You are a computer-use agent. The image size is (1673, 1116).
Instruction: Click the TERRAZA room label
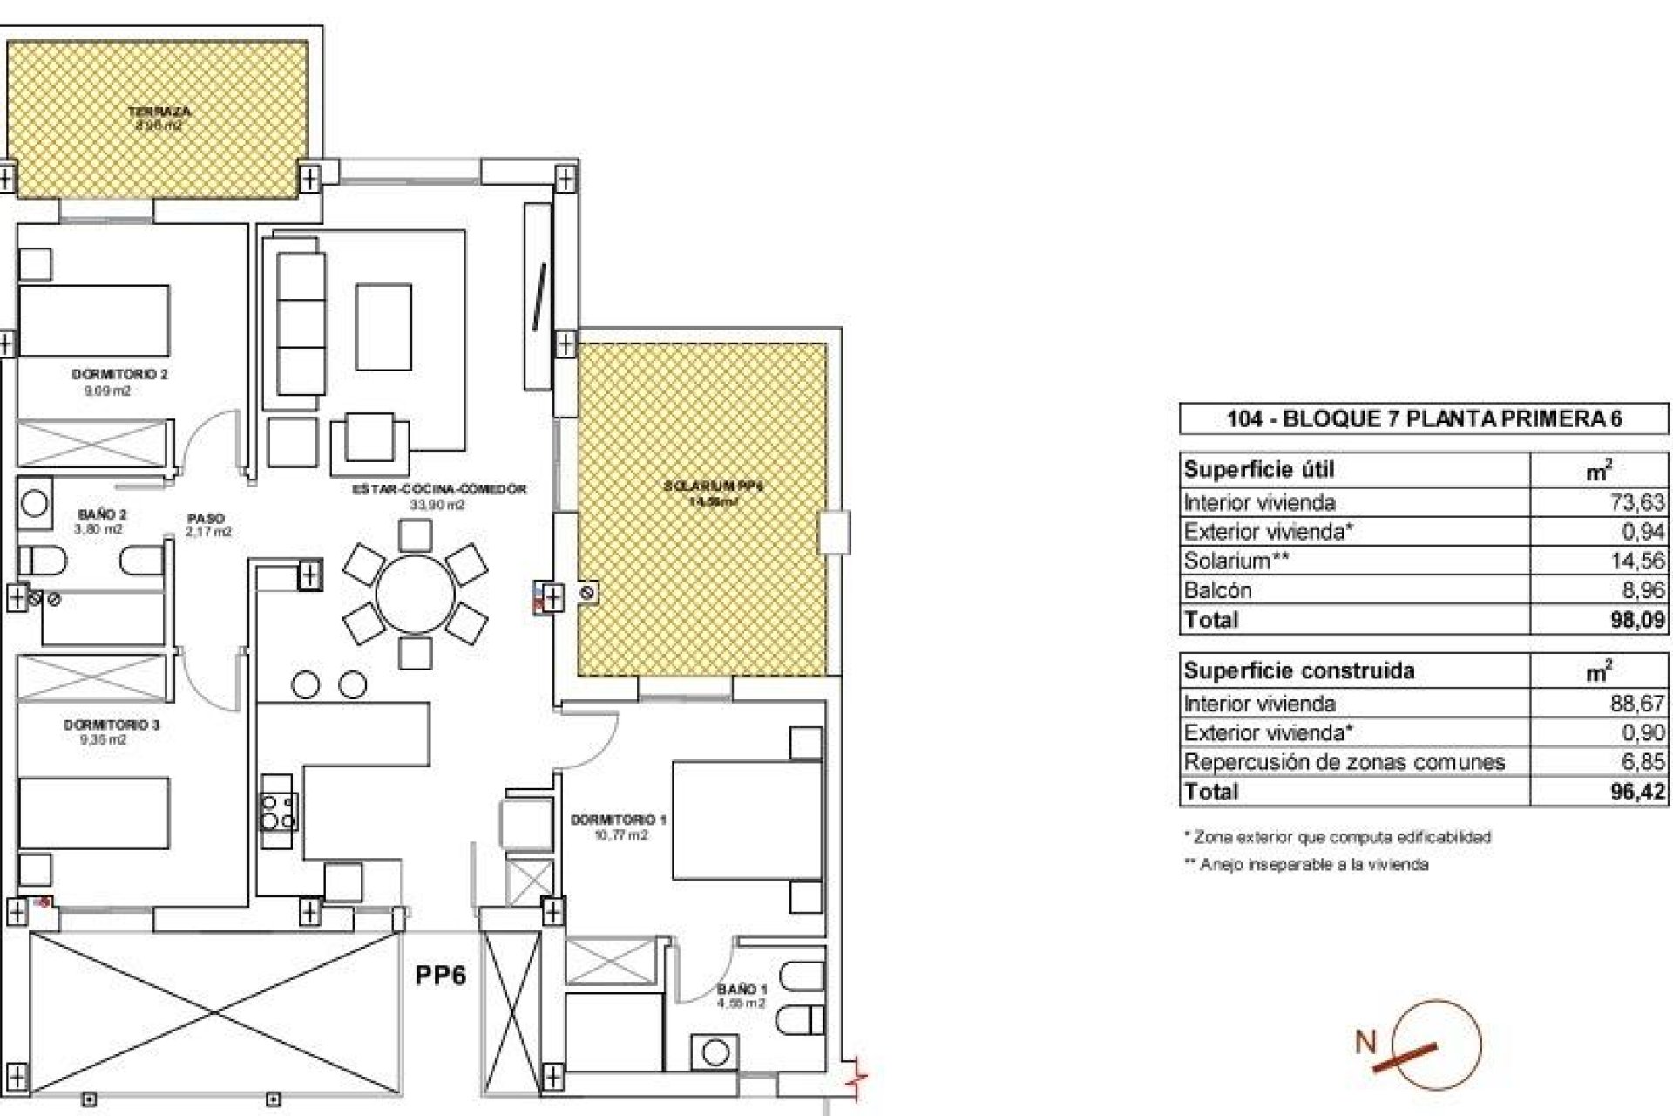pos(159,112)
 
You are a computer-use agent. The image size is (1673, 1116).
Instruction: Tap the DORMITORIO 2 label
pos(119,375)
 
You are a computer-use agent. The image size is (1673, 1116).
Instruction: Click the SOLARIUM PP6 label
pos(713,487)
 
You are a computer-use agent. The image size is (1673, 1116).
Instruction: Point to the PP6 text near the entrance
pos(440,975)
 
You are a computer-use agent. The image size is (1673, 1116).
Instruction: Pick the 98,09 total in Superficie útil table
pos(1636,620)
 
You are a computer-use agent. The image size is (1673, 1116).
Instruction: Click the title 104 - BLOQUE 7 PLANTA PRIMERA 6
pos(1424,419)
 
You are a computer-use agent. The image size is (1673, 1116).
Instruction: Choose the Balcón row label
pos(1217,590)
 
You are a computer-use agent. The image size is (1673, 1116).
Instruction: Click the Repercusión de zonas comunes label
pos(1344,762)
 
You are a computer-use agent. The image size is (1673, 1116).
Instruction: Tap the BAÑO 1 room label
pos(742,990)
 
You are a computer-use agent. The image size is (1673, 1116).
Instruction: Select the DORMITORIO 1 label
pos(618,820)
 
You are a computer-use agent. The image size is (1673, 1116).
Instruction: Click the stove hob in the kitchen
pos(279,812)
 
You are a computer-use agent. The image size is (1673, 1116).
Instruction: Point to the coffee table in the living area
pos(383,327)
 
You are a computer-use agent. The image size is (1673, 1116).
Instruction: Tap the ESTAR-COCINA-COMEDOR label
pos(438,490)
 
